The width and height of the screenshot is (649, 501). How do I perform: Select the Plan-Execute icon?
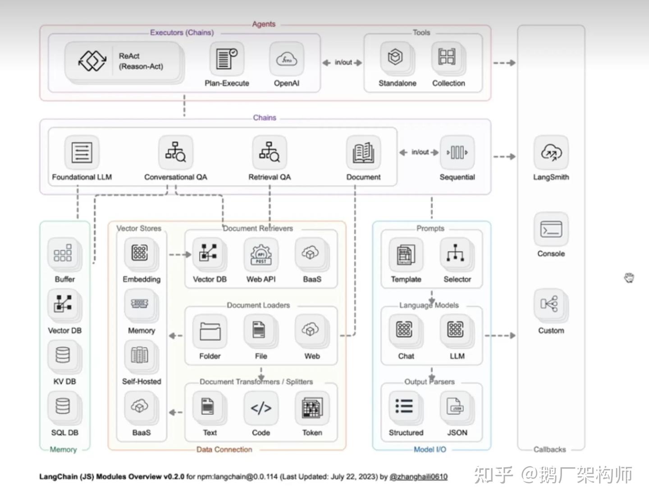click(226, 59)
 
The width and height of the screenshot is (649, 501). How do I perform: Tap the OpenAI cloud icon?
click(287, 59)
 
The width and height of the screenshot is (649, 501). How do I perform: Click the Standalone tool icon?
click(396, 57)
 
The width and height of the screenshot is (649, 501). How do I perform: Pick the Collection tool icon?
click(447, 57)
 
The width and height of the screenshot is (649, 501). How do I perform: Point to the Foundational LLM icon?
click(82, 152)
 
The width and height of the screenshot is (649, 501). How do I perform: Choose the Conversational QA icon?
click(175, 152)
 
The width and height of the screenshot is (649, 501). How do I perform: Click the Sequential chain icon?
click(457, 152)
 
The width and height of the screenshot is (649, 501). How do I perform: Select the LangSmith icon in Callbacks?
click(551, 153)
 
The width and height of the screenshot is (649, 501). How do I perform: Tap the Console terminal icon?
click(551, 230)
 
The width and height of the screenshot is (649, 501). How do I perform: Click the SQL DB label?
click(64, 432)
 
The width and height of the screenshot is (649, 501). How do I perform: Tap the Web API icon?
click(261, 254)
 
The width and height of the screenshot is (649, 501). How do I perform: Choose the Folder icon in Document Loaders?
click(210, 331)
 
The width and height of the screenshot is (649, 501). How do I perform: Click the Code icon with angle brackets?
click(261, 408)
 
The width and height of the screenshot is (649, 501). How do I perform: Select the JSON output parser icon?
click(456, 407)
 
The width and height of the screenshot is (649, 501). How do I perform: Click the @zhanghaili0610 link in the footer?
click(418, 477)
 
